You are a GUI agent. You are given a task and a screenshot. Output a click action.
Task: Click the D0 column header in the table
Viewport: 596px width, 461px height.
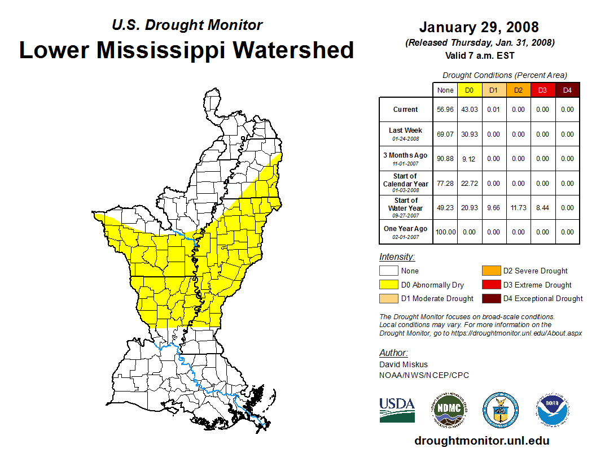(470, 90)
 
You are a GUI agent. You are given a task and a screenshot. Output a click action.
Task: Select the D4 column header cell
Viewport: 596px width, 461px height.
(567, 90)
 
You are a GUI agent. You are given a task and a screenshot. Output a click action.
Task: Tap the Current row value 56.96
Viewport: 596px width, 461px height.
(445, 110)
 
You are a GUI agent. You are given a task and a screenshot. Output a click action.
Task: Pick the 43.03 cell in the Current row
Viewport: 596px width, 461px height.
(470, 110)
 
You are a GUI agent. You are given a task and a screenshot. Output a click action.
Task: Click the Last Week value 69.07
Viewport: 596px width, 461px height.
(445, 134)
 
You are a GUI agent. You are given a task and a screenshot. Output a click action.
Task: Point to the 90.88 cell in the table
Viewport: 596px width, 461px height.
(445, 159)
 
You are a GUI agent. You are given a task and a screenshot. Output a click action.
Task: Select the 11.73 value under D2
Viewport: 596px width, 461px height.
(518, 208)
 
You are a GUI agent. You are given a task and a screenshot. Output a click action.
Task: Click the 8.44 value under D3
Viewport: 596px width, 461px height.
(542, 208)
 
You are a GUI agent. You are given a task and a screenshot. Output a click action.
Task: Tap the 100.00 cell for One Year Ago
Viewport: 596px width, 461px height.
(445, 232)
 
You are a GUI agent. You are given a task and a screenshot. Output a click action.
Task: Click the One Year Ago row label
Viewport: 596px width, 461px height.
(405, 229)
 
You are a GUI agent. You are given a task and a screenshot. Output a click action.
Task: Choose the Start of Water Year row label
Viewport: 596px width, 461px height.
(406, 205)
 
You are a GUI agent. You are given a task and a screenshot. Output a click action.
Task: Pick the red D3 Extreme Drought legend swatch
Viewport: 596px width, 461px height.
(490, 285)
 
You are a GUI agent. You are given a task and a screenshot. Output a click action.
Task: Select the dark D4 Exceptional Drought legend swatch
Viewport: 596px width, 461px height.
(490, 298)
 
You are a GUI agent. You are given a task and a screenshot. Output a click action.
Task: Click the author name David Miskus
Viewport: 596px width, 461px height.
(403, 364)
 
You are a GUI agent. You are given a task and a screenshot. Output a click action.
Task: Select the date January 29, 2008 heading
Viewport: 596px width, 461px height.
(479, 27)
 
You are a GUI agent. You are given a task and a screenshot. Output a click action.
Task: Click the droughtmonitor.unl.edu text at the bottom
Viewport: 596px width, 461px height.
(481, 441)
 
